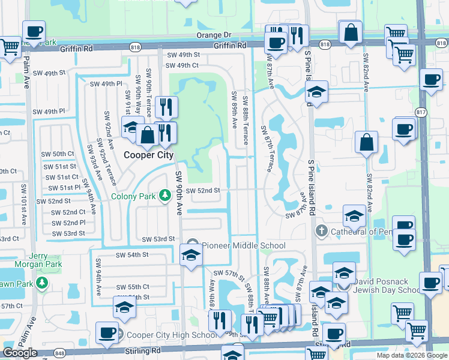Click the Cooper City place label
148,155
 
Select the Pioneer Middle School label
243,245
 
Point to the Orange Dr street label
214,35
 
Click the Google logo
20,352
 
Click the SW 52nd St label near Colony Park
203,191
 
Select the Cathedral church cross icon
321,232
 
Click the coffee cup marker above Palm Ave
33,32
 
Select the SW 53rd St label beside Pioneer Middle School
158,239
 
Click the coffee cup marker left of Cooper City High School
107,333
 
